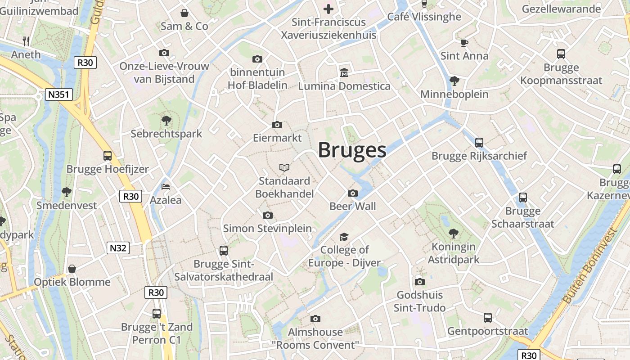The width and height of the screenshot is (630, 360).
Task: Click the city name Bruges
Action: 352,150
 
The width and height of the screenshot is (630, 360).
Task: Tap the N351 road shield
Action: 59,94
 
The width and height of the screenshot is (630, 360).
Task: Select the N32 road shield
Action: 118,247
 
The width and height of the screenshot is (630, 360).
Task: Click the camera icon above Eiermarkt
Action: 277,125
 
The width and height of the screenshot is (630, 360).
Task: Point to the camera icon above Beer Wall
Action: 353,193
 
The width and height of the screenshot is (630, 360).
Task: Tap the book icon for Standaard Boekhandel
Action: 284,167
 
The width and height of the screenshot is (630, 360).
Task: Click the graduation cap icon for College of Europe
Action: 344,237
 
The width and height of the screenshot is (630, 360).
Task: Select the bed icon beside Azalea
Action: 166,187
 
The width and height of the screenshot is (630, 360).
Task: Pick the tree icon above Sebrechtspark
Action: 166,120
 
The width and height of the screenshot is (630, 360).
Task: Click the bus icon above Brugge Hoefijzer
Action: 108,156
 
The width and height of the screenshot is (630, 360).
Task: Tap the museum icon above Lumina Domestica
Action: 344,72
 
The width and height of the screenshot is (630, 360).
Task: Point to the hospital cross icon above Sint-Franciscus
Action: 328,9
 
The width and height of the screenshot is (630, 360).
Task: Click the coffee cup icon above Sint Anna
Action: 464,43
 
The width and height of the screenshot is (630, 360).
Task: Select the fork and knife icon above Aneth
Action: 26,41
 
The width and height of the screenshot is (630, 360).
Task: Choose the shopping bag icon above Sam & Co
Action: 184,13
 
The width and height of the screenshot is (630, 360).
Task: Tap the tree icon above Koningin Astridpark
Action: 454,233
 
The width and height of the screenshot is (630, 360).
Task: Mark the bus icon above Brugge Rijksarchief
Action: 479,143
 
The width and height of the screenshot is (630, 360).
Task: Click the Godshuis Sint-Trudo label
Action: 419,301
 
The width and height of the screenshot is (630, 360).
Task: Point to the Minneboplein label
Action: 454,94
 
